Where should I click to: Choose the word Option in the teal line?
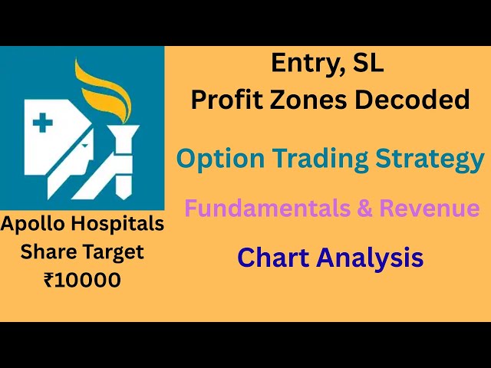tap(216, 159)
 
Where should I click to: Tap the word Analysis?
tap(367, 258)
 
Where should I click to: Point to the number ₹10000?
tap(82, 280)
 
